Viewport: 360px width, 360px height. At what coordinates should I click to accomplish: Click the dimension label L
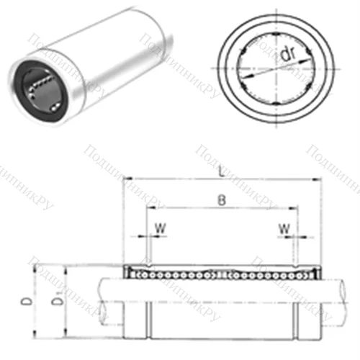(220, 174)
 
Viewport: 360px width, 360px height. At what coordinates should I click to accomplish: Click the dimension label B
(220, 202)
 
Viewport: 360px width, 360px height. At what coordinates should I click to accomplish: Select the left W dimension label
(159, 230)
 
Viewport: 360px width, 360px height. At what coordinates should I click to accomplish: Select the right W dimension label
(287, 230)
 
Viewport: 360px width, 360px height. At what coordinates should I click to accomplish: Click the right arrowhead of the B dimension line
(294, 208)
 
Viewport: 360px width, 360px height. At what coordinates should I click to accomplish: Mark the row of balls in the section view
(220, 274)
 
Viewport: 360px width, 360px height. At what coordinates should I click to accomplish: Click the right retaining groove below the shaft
(295, 321)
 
